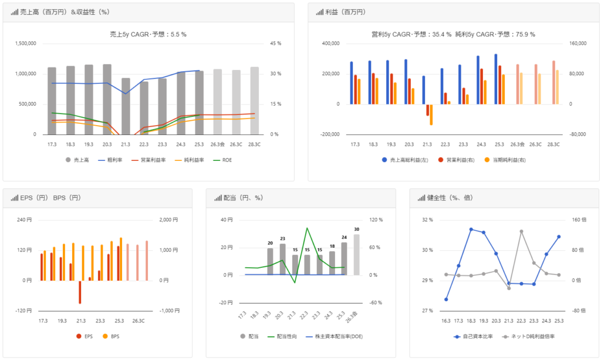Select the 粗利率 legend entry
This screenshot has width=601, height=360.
coord(102,159)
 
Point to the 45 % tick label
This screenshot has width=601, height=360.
coord(275,43)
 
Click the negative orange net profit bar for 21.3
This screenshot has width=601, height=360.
coord(431,115)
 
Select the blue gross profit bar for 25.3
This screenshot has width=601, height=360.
coord(496,79)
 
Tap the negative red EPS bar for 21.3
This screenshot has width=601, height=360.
coord(80,292)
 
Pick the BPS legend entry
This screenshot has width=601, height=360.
coord(112,336)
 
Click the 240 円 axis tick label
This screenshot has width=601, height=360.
coord(24,220)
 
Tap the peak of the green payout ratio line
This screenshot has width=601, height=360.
coord(307,228)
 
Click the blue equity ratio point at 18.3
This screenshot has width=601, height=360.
coord(471,229)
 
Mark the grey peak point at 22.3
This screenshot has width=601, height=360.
coord(521,231)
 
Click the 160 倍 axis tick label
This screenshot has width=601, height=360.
coord(579,220)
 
